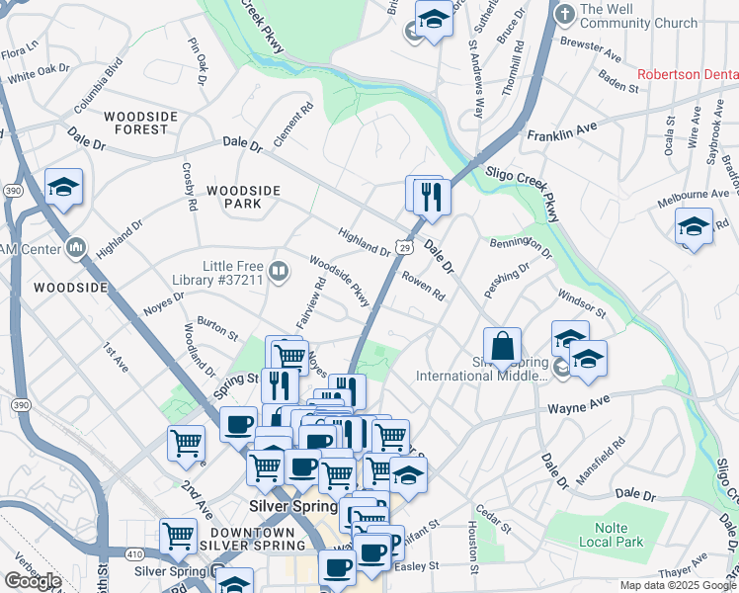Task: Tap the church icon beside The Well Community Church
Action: click(564, 15)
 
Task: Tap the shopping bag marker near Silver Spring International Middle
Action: click(502, 347)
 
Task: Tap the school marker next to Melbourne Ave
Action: click(694, 226)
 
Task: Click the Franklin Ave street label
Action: click(562, 131)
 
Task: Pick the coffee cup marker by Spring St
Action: click(238, 425)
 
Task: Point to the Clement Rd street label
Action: click(293, 124)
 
